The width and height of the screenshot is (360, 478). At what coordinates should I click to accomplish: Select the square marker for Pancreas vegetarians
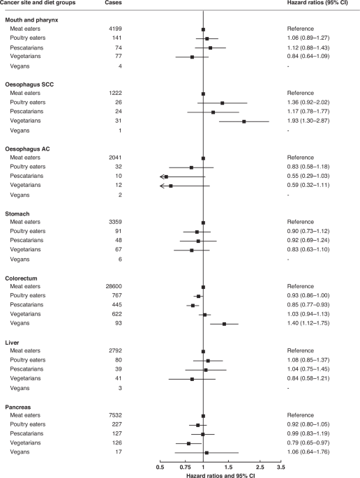188,442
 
